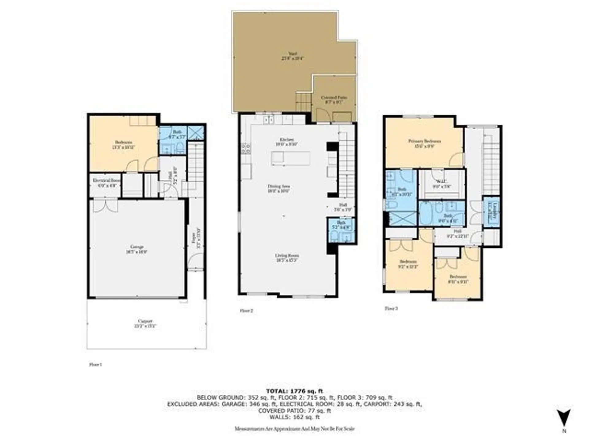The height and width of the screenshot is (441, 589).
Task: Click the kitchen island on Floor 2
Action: click(290, 158)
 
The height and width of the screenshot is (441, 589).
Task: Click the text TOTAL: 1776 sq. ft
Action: click(294, 391)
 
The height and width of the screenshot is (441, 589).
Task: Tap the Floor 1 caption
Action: click(95, 364)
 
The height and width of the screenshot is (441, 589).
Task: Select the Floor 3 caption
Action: click(391, 308)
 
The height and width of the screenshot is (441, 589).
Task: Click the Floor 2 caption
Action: click(246, 311)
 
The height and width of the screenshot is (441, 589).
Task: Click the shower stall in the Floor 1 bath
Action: click(195, 133)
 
